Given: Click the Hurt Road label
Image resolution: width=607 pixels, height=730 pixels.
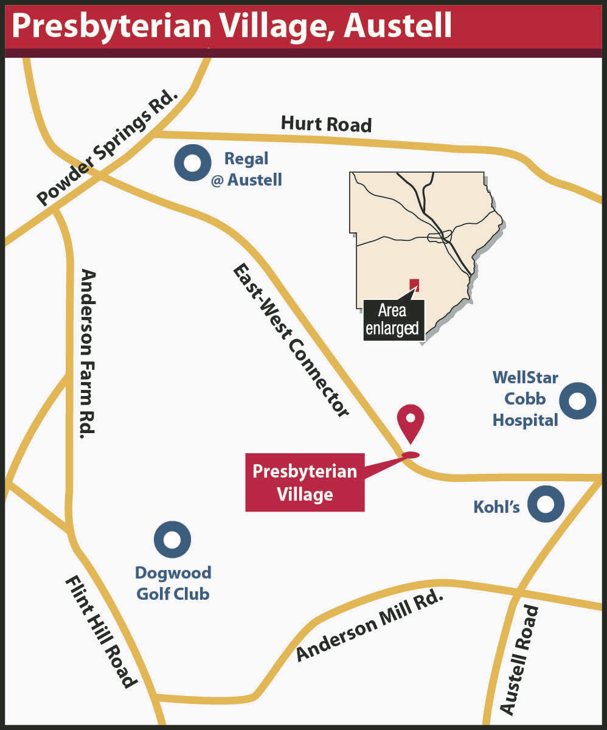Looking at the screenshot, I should click(326, 124).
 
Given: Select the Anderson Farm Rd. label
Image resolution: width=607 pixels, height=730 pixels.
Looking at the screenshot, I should click(88, 353).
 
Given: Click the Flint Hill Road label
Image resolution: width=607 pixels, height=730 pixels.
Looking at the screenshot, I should click(100, 633).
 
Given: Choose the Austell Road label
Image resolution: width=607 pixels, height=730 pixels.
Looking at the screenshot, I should click(519, 660).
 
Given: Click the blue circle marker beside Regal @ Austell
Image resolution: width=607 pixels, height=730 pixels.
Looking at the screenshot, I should click(193, 163).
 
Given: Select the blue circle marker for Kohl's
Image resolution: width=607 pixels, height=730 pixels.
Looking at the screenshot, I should click(546, 504).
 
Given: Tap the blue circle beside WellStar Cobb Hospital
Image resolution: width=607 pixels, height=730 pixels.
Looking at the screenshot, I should click(577, 401).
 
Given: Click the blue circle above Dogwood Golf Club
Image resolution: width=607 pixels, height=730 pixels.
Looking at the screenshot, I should click(173, 540).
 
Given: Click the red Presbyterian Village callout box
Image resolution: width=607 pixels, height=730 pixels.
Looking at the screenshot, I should click(305, 482).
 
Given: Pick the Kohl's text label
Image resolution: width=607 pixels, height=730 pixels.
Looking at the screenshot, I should click(497, 506).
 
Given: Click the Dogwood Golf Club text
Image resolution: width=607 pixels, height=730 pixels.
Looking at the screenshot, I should click(173, 583).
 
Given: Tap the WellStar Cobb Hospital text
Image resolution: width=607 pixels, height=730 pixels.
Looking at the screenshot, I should click(525, 399).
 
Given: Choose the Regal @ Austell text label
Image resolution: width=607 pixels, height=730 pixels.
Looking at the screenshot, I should click(246, 169).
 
